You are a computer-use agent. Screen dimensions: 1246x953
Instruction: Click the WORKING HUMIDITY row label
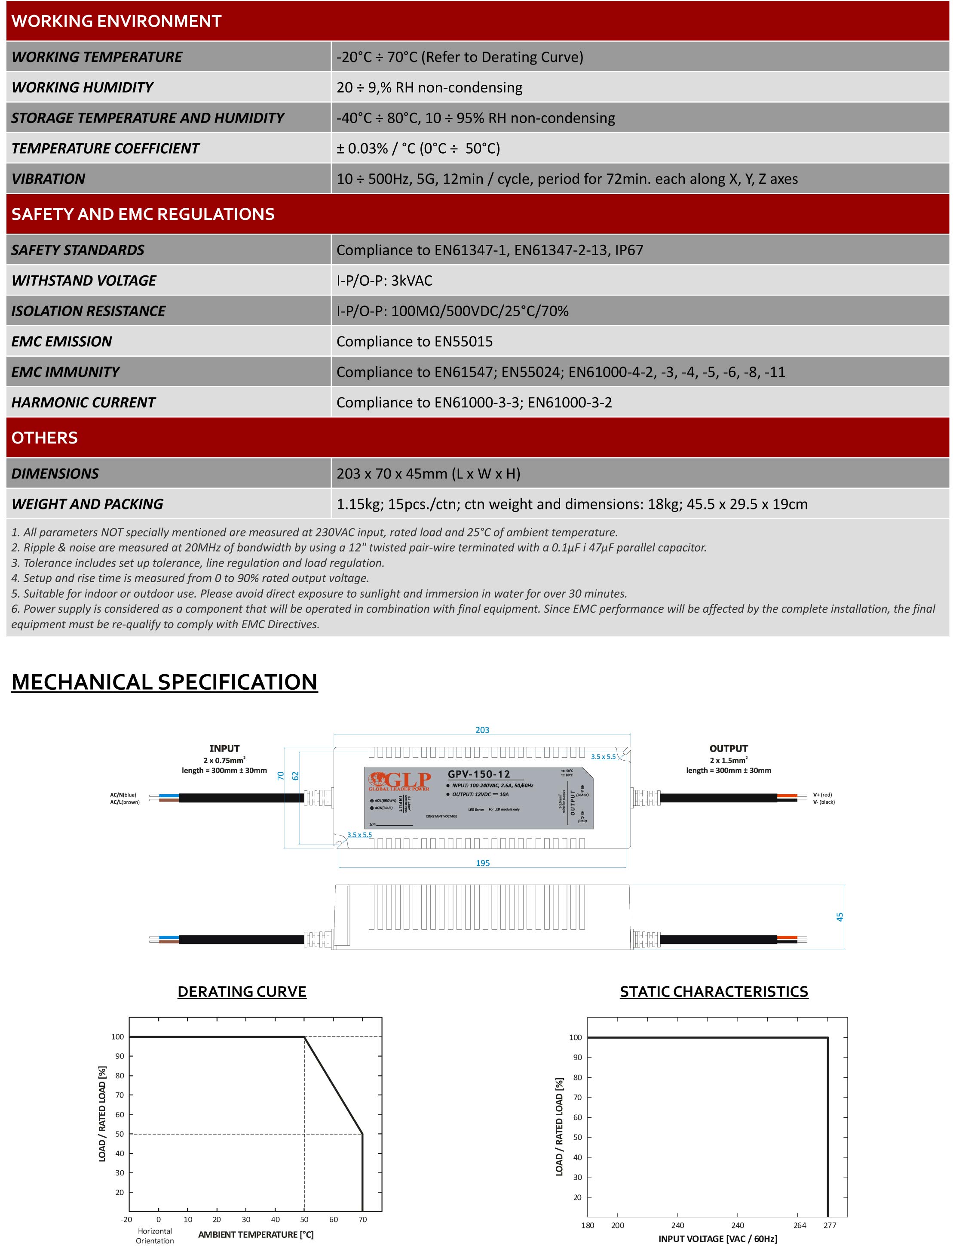click(82, 87)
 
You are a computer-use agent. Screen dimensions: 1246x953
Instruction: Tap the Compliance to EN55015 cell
click(414, 341)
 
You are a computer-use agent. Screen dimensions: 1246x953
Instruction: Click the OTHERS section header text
click(44, 438)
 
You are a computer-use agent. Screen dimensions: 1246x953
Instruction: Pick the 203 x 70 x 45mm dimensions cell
click(428, 473)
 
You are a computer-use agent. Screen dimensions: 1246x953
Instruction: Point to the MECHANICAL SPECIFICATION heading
click(165, 682)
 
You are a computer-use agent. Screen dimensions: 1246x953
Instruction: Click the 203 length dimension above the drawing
click(482, 730)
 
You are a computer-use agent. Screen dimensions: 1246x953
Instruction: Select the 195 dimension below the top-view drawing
click(483, 863)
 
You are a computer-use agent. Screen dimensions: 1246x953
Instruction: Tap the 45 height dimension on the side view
click(840, 917)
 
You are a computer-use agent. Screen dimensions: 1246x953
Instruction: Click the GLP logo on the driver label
click(399, 780)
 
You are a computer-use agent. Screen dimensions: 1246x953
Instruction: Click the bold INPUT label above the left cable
click(224, 748)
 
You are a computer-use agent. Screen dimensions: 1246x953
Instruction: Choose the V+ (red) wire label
click(822, 795)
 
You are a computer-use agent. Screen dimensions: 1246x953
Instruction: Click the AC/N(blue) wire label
click(123, 795)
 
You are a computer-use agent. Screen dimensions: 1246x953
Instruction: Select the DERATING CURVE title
click(242, 992)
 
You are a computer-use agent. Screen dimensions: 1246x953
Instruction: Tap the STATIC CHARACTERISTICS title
click(714, 992)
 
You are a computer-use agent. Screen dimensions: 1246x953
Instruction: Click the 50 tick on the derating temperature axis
click(305, 1219)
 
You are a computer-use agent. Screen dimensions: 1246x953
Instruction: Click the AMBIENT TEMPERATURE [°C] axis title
click(256, 1235)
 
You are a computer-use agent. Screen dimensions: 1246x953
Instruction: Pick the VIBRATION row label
click(48, 179)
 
